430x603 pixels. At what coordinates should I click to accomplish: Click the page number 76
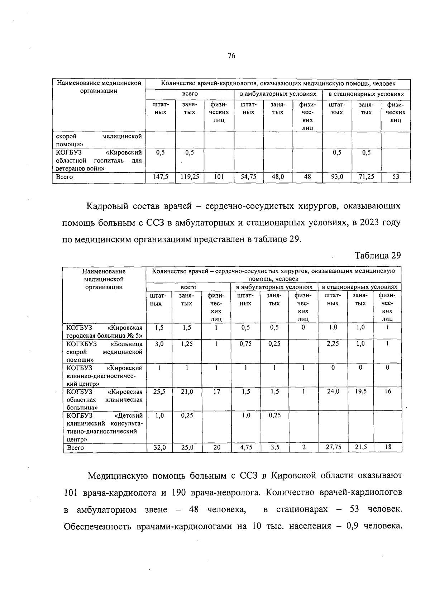pyautogui.click(x=231, y=56)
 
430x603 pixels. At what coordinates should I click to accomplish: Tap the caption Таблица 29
pyautogui.click(x=377, y=256)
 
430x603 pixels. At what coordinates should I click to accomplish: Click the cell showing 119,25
pyautogui.click(x=190, y=177)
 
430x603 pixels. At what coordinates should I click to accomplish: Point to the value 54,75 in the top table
pyautogui.click(x=248, y=177)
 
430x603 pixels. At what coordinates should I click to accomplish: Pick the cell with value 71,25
pyautogui.click(x=366, y=177)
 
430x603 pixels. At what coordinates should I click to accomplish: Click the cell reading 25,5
pyautogui.click(x=159, y=392)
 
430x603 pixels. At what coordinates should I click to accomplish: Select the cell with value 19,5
pyautogui.click(x=360, y=392)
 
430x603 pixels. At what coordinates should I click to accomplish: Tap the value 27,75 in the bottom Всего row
pyautogui.click(x=333, y=447)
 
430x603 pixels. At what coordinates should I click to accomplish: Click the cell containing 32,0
pyautogui.click(x=159, y=447)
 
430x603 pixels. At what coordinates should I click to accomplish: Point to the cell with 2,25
pyautogui.click(x=333, y=343)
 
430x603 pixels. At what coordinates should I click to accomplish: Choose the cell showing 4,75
pyautogui.click(x=245, y=447)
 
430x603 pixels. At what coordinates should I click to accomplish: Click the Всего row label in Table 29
pyautogui.click(x=75, y=447)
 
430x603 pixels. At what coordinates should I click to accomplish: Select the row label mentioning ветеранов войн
pyautogui.click(x=99, y=160)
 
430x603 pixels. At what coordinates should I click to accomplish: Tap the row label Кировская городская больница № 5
pyautogui.click(x=104, y=332)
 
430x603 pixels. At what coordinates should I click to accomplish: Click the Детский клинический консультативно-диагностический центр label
pyautogui.click(x=104, y=427)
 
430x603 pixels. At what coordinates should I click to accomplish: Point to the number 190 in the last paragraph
pyautogui.click(x=178, y=493)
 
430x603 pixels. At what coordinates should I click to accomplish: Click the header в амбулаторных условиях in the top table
pyautogui.click(x=278, y=94)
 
